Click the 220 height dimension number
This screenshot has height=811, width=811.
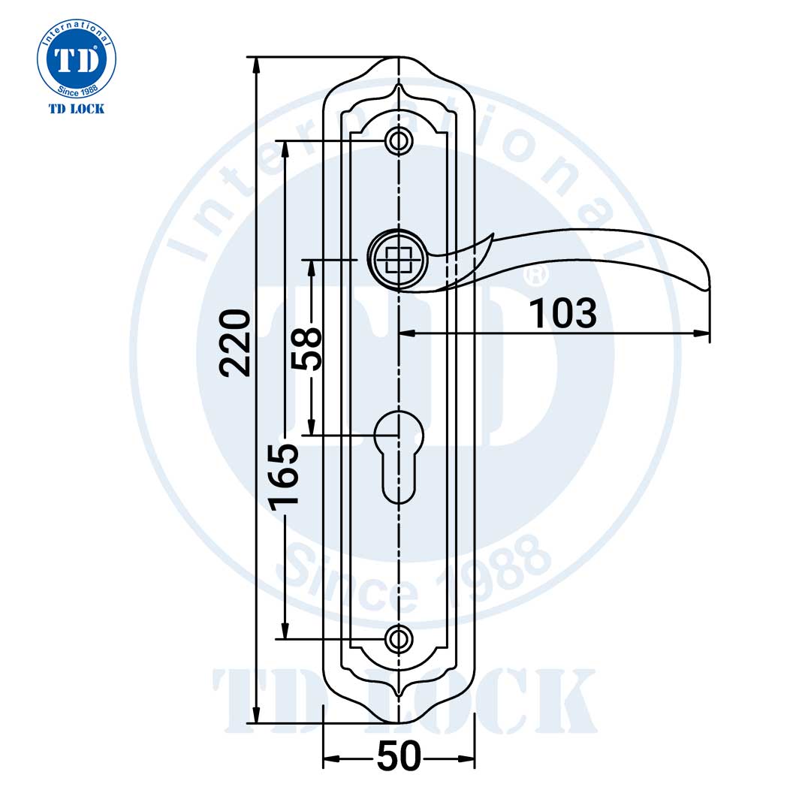[x=235, y=342]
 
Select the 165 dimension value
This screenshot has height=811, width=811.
[x=285, y=476]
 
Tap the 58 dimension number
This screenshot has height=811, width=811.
[x=307, y=348]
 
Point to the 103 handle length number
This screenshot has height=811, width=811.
[x=563, y=314]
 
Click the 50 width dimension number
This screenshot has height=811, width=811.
[x=399, y=757]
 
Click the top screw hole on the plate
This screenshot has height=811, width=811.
[x=399, y=140]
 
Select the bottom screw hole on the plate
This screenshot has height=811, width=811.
[x=399, y=639]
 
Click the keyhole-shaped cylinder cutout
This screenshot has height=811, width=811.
[x=399, y=454]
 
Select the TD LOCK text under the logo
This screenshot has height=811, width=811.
[x=77, y=109]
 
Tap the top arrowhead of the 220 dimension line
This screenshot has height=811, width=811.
[x=257, y=63]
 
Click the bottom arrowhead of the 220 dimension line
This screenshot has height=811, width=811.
[x=257, y=716]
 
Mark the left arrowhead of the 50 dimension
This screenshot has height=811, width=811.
[x=330, y=760]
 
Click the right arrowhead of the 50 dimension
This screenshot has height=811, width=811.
[x=469, y=760]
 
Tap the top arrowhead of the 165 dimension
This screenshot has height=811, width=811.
[x=285, y=147]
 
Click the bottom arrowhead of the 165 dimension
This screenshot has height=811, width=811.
[x=285, y=632]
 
